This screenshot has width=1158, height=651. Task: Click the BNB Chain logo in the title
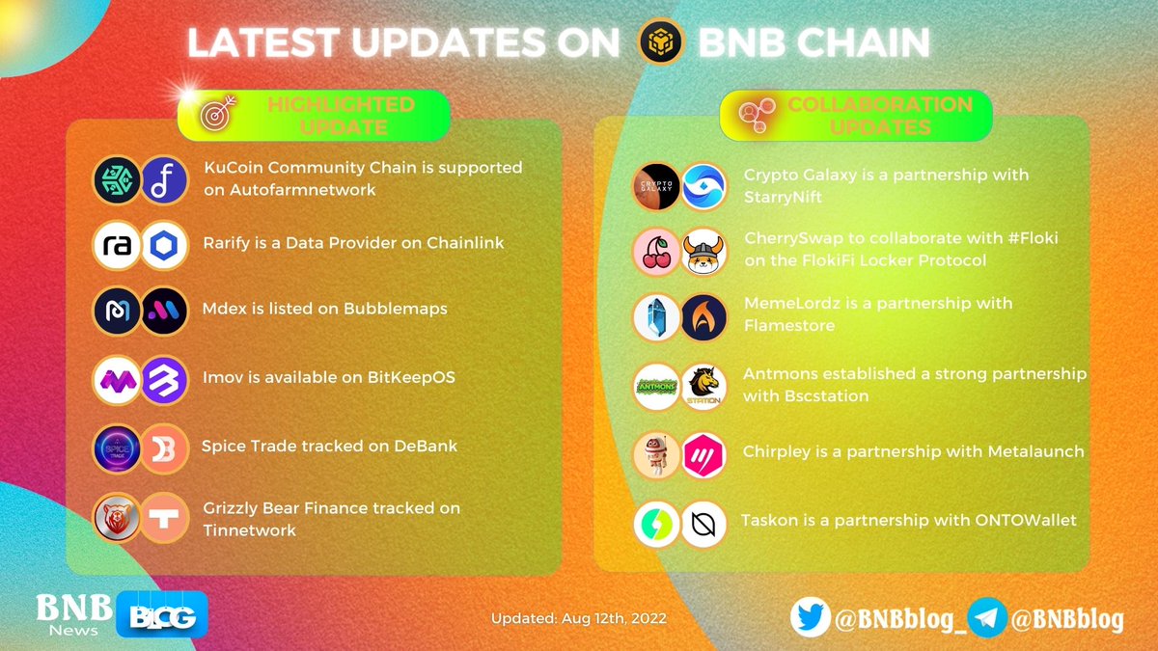click(661, 42)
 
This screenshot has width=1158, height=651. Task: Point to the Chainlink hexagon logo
click(163, 246)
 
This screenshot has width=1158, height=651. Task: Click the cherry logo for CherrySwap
click(656, 252)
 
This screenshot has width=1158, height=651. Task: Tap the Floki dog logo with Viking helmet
click(703, 252)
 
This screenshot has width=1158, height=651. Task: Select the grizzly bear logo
click(117, 518)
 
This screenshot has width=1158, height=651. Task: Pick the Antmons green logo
click(656, 387)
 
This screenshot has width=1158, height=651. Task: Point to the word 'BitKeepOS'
click(412, 377)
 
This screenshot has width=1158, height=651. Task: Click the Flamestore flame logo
click(703, 318)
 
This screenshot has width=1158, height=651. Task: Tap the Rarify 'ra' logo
click(117, 246)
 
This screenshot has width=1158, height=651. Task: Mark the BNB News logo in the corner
click(75, 614)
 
